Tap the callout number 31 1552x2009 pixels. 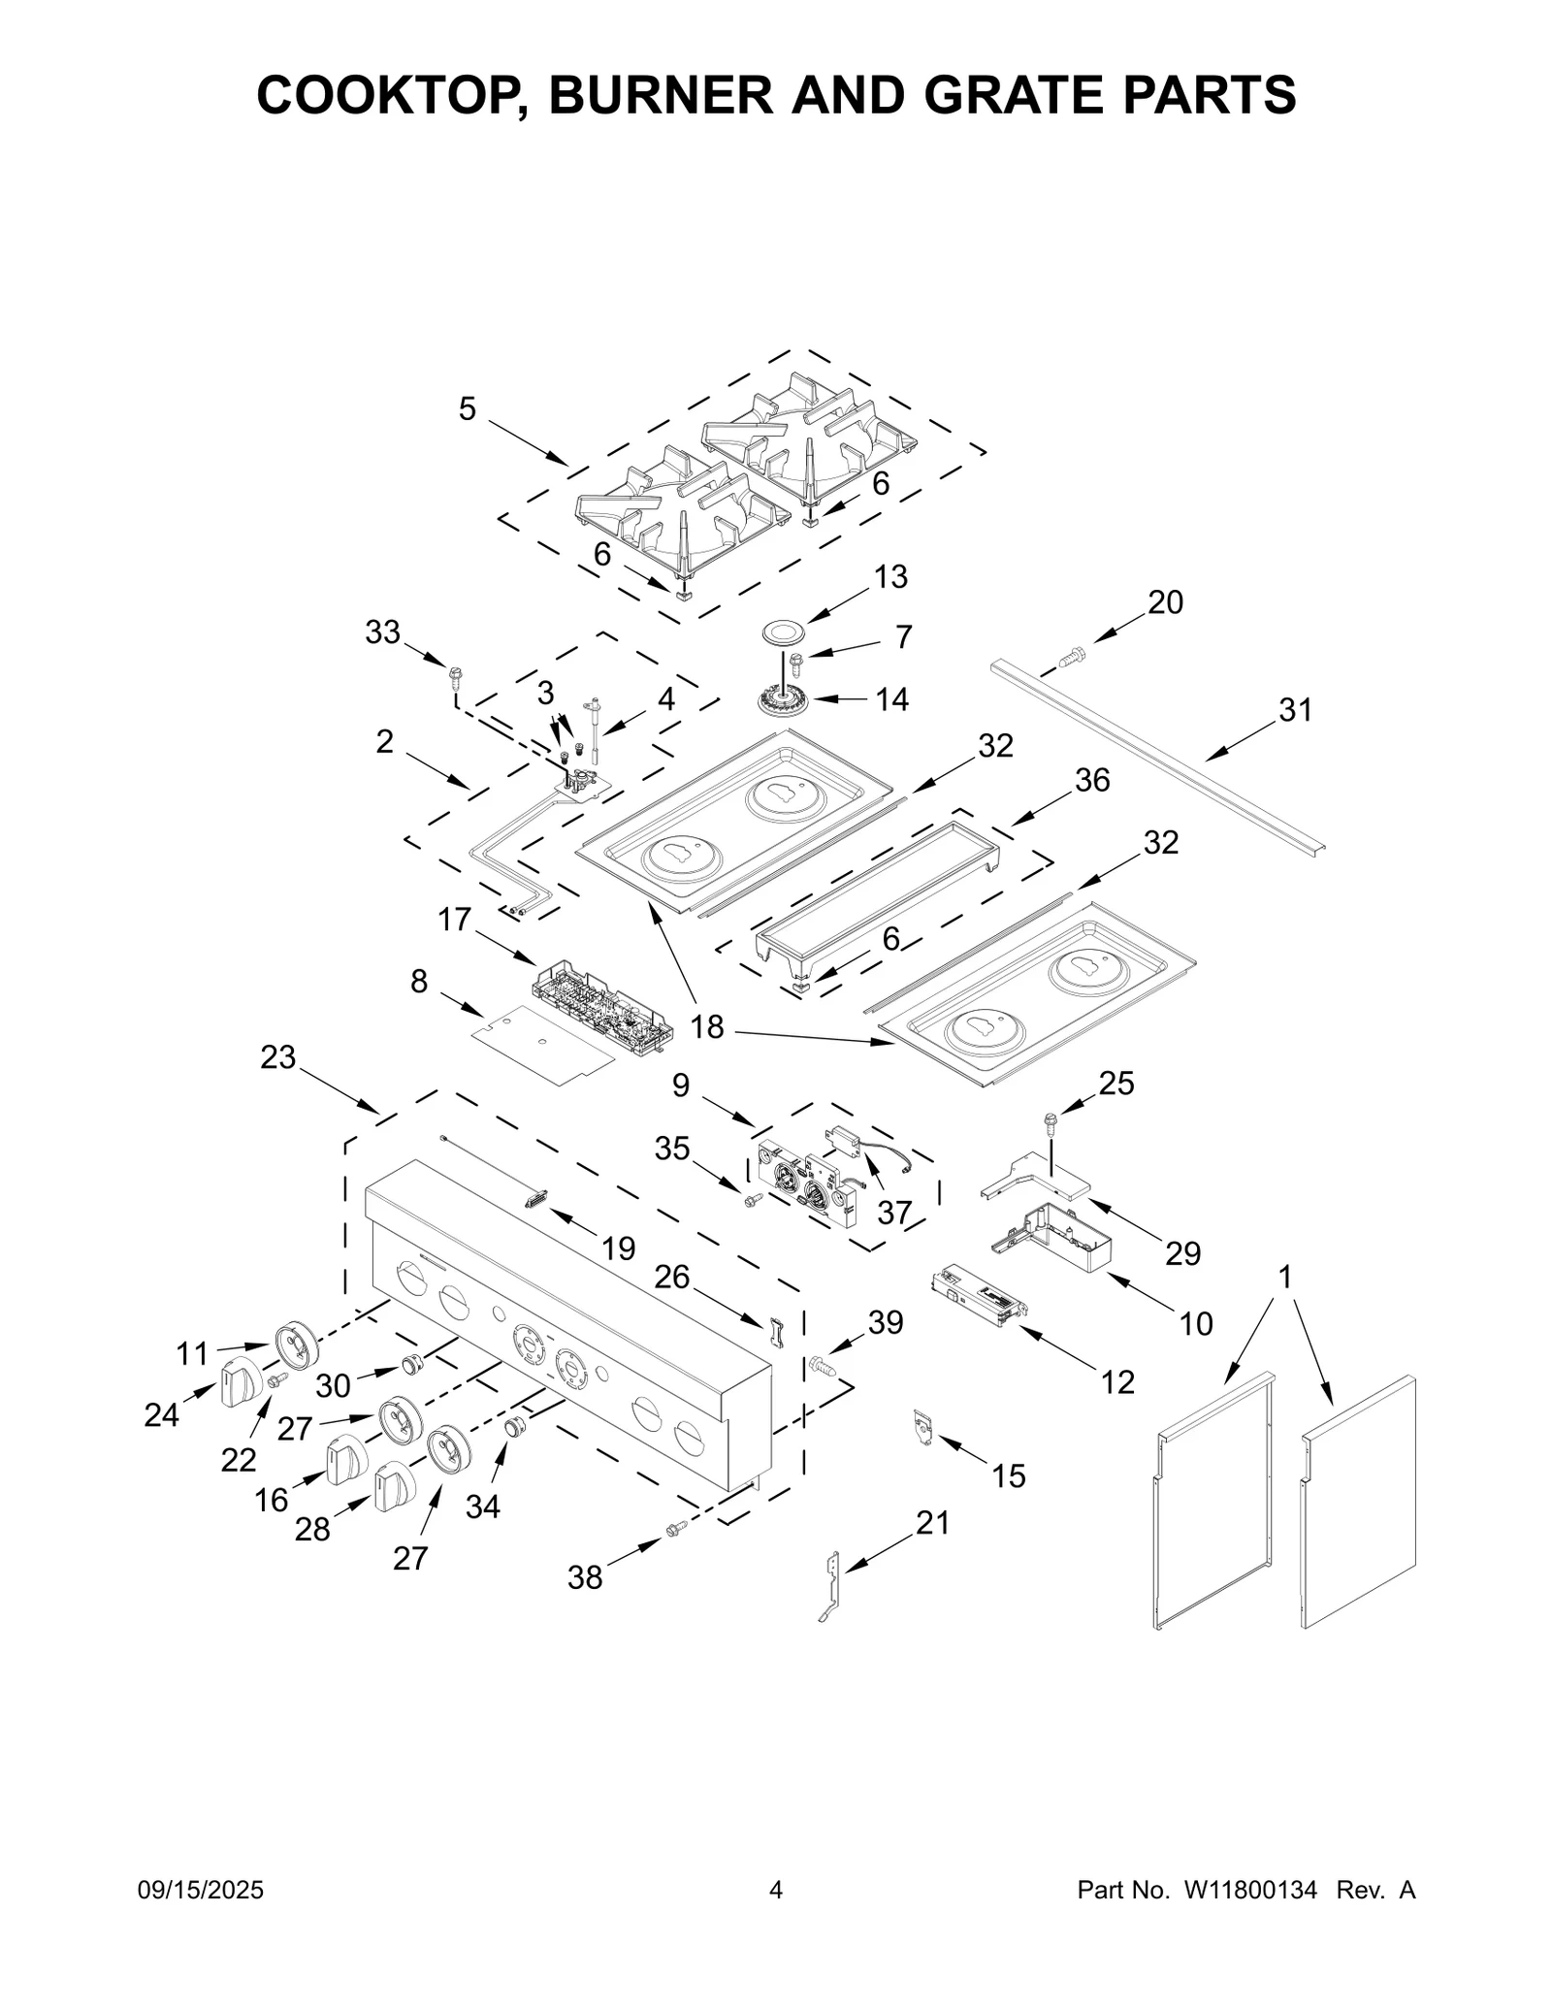pos(1294,710)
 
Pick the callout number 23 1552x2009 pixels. pos(277,1057)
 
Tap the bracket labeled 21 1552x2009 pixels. pos(829,1586)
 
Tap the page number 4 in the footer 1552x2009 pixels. pos(775,1890)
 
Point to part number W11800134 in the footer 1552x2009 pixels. pos(1250,1890)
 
